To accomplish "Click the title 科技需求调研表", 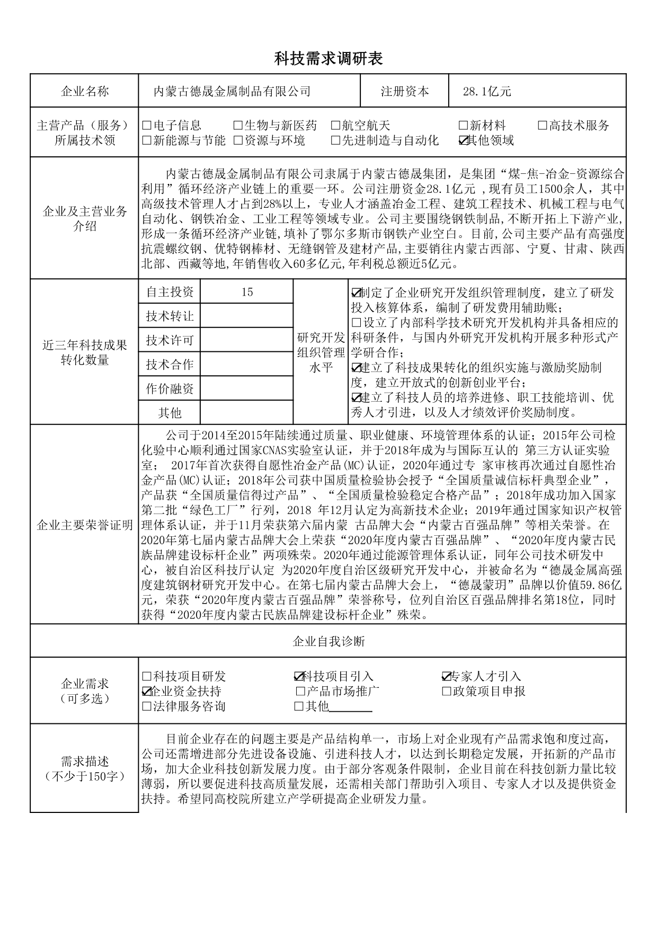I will (x=328, y=59).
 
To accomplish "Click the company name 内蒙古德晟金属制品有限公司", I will (x=232, y=92).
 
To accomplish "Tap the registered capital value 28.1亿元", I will (x=487, y=92).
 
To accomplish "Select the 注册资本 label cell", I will (x=405, y=92).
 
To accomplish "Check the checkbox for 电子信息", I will (x=147, y=126).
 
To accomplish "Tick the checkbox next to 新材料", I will (x=463, y=126).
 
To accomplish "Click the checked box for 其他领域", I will (x=463, y=140).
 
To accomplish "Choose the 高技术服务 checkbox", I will (x=543, y=126).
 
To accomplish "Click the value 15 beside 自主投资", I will (x=246, y=292).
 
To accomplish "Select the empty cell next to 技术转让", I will (x=246, y=316).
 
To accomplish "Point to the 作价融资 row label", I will (x=170, y=388).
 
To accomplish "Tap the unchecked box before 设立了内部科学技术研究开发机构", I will (x=356, y=323).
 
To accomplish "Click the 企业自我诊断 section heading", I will (x=328, y=642).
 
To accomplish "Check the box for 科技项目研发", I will (x=147, y=677).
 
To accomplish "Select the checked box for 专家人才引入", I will (x=446, y=677).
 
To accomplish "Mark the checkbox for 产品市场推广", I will (x=300, y=692).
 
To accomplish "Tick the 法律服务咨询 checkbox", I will (x=147, y=706).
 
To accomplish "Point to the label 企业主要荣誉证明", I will (x=85, y=525).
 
